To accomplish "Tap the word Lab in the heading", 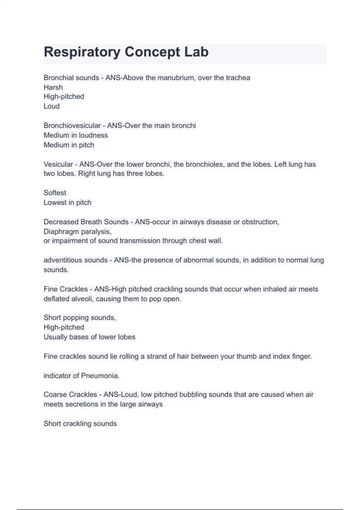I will (x=196, y=52).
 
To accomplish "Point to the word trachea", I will (x=238, y=78).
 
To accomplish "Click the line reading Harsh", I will (x=53, y=87).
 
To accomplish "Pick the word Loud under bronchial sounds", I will (x=52, y=106).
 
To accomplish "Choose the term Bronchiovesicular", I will (x=72, y=125).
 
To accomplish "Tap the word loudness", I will (x=93, y=135).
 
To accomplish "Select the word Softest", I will (x=55, y=193).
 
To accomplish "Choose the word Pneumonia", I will (x=100, y=376).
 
